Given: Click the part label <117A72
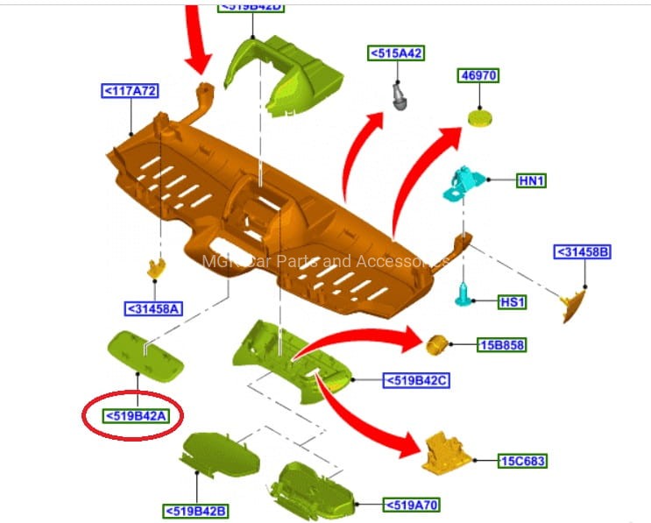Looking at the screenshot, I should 131,90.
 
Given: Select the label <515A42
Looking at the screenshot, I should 396,53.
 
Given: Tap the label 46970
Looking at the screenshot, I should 478,76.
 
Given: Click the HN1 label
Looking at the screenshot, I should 532,180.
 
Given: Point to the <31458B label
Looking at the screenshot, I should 582,252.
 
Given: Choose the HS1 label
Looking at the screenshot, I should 512,302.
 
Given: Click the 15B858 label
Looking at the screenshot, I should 501,345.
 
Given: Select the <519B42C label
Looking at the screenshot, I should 416,380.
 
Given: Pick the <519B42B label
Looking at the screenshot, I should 195,510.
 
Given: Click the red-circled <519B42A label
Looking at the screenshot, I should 136,415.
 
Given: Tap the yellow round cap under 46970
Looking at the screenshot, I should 479,117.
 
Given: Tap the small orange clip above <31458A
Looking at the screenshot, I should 158,266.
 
